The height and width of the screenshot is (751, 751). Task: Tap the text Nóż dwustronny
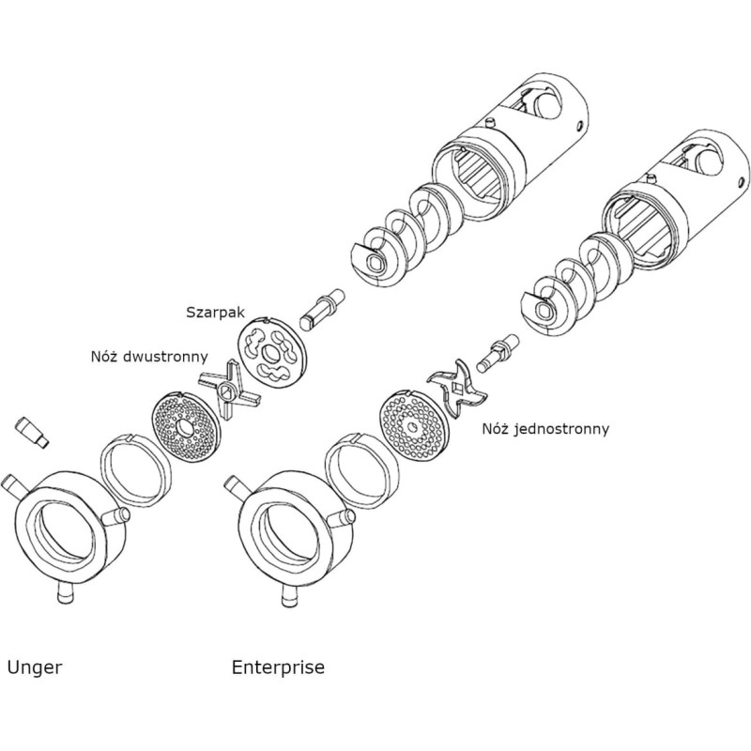tap(149, 357)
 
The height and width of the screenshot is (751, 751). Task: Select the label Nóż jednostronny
tap(544, 429)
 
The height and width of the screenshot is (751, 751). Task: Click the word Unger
tap(34, 667)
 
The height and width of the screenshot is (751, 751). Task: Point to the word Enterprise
tap(278, 667)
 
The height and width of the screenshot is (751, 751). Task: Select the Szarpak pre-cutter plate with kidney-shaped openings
tap(275, 352)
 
